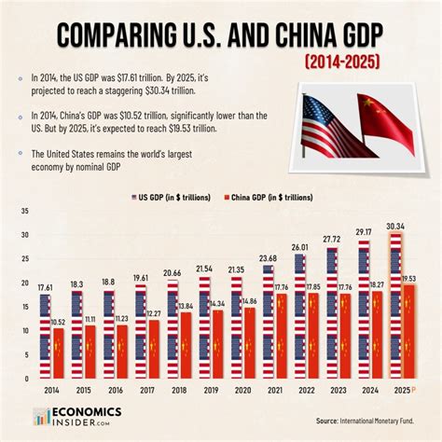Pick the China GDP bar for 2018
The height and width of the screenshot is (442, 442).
point(186,344)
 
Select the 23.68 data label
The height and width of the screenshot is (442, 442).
point(268,258)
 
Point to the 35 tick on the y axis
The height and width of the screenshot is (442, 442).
point(22,211)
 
